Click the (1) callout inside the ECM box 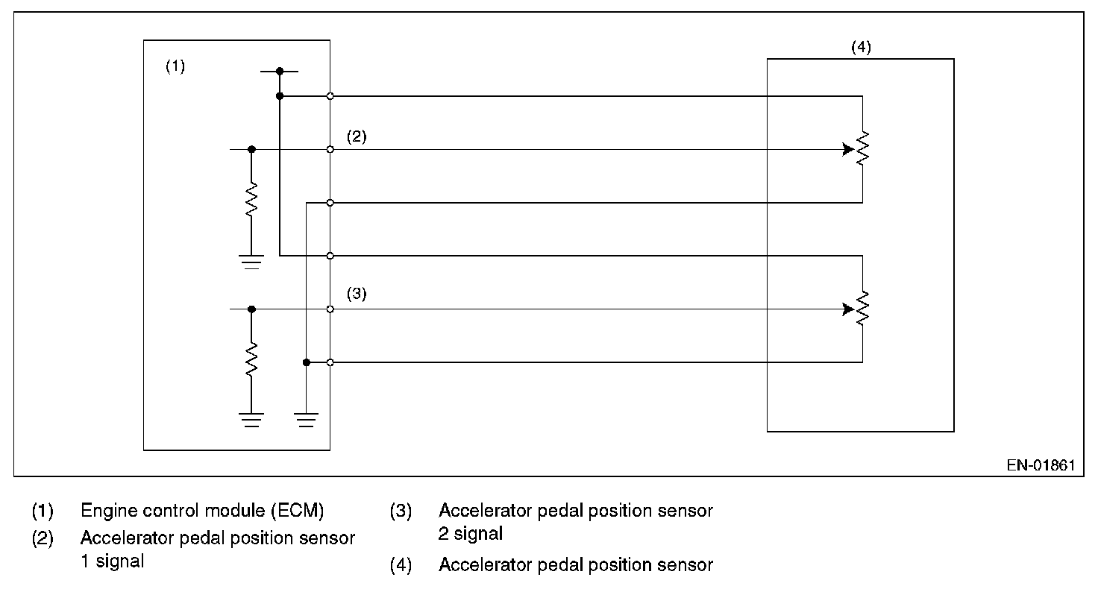click(x=175, y=66)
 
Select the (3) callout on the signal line click(x=357, y=294)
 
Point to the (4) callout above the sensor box click(x=861, y=47)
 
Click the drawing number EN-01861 click(x=1040, y=465)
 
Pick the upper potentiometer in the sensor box click(x=862, y=149)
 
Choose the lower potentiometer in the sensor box click(x=862, y=309)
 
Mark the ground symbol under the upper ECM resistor click(x=251, y=261)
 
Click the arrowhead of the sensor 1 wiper click(x=848, y=149)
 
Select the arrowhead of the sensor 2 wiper click(x=848, y=309)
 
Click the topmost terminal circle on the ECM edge click(x=330, y=96)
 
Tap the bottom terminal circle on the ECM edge click(x=330, y=362)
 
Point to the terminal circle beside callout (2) click(x=330, y=149)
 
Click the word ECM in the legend click(x=304, y=511)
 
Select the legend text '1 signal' click(x=112, y=561)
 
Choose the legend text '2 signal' click(x=470, y=534)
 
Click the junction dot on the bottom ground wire click(x=306, y=362)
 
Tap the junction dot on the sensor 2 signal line click(x=251, y=309)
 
